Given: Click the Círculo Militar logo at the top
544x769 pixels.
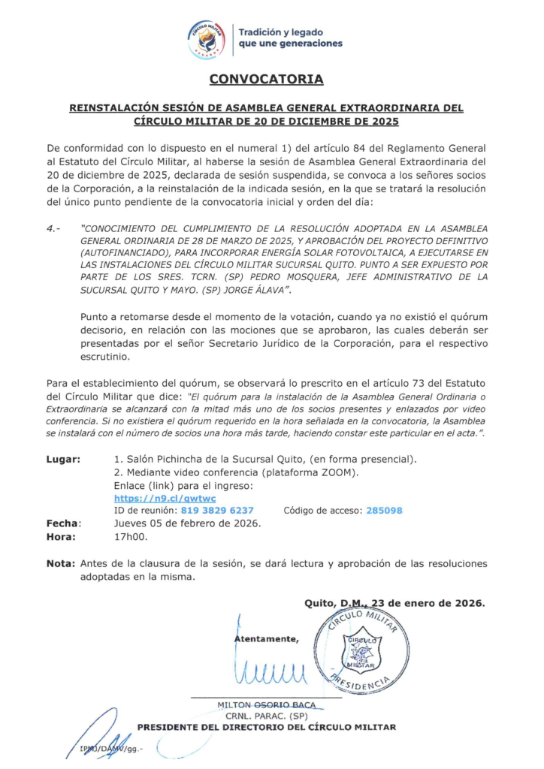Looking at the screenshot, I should pyautogui.click(x=207, y=38).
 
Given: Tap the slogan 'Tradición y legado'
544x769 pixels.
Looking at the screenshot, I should pyautogui.click(x=281, y=32).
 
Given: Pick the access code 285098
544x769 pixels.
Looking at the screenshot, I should pyautogui.click(x=384, y=510).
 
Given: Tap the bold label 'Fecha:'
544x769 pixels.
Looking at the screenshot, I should pyautogui.click(x=64, y=523).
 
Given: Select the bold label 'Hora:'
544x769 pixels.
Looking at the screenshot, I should pyautogui.click(x=62, y=536).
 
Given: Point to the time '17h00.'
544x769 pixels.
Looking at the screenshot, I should pyautogui.click(x=131, y=536).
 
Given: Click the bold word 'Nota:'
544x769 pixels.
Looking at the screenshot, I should pyautogui.click(x=60, y=563).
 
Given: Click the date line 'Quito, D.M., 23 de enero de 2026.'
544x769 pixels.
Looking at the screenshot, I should pyautogui.click(x=394, y=602).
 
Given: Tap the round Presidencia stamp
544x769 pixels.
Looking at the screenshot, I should pyautogui.click(x=361, y=647).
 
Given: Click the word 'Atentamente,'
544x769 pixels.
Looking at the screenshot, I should pyautogui.click(x=267, y=639).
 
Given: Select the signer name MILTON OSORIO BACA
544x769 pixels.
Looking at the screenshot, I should pyautogui.click(x=266, y=704).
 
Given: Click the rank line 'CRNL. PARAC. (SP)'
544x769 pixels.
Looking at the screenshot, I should pyautogui.click(x=267, y=716).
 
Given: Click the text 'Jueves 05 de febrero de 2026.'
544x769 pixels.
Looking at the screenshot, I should pyautogui.click(x=187, y=523).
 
